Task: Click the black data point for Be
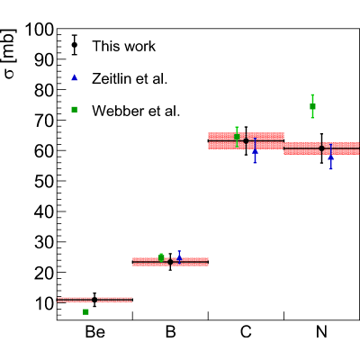[x=94, y=300]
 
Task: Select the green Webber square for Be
[x=85, y=312]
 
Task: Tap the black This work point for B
[x=170, y=262]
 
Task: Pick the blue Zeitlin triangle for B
[x=179, y=257]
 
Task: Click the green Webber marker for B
[x=161, y=257]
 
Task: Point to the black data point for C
[x=246, y=140]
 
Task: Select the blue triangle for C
[x=255, y=151]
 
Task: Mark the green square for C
[x=237, y=137]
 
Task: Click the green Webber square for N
[x=312, y=106]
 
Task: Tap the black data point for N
[x=321, y=148]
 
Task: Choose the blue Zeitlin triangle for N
[x=331, y=157]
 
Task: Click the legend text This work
[x=124, y=46]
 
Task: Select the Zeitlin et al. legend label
[x=130, y=78]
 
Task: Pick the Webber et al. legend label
[x=136, y=111]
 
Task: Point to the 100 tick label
[x=40, y=30]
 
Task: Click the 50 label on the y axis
[x=44, y=182]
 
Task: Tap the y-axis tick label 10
[x=44, y=304]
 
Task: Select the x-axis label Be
[x=95, y=332]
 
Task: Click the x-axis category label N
[x=321, y=332]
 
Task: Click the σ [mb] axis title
[x=9, y=54]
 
